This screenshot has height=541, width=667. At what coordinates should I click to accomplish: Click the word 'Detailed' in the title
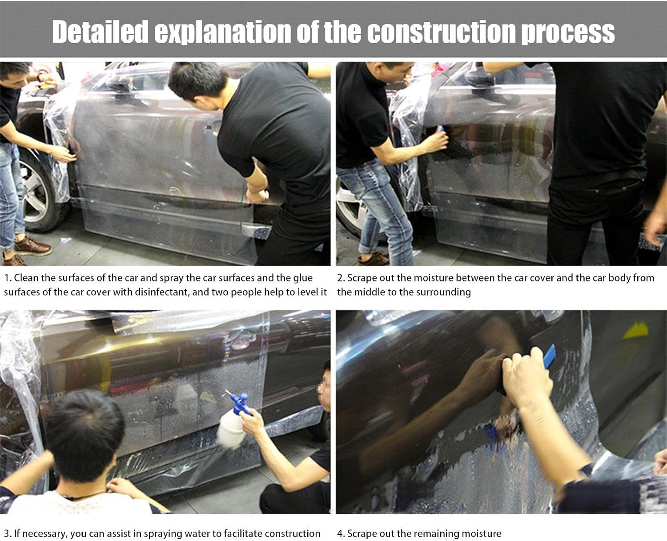tap(100, 32)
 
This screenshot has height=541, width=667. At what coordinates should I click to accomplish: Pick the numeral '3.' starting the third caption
tap(8, 533)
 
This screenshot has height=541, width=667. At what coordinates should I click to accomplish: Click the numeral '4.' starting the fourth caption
tap(341, 533)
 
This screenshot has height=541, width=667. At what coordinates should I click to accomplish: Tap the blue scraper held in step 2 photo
tap(440, 129)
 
